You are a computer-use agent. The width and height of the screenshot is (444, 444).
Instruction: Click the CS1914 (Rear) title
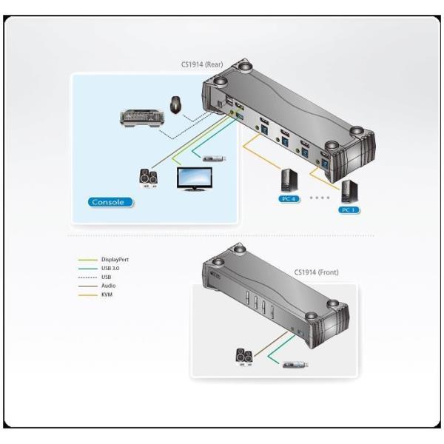pyautogui.click(x=202, y=64)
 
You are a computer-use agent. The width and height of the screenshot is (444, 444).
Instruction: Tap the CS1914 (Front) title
pyautogui.click(x=316, y=272)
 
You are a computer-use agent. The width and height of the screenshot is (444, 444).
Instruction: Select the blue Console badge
pyautogui.click(x=110, y=202)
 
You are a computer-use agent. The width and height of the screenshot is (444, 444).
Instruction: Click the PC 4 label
pyautogui.click(x=289, y=199)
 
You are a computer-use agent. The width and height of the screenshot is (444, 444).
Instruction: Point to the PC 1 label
pyautogui.click(x=349, y=210)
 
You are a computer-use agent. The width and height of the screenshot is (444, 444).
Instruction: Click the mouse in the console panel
pyautogui.click(x=176, y=105)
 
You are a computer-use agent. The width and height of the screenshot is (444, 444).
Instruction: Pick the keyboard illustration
pyautogui.click(x=141, y=118)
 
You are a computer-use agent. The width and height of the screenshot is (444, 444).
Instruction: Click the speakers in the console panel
pyautogui.click(x=149, y=178)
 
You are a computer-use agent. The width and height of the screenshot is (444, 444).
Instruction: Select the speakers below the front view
pyautogui.click(x=244, y=357)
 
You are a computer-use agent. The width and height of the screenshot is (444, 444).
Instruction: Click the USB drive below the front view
pyautogui.click(x=295, y=365)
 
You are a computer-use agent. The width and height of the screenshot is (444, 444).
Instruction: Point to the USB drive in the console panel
pyautogui.click(x=215, y=158)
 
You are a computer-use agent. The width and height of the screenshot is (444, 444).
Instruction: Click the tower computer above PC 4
pyautogui.click(x=289, y=181)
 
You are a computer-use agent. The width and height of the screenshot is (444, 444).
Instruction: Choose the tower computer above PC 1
pyautogui.click(x=349, y=192)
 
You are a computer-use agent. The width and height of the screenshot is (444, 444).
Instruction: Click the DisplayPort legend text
pyautogui.click(x=115, y=260)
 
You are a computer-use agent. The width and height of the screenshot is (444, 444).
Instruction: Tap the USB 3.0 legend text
pyautogui.click(x=110, y=269)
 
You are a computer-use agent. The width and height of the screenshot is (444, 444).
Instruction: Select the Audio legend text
pyautogui.click(x=109, y=286)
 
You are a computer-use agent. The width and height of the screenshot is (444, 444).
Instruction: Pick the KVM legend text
pyautogui.click(x=107, y=295)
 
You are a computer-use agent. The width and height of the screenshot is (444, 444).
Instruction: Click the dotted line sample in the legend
pyautogui.click(x=87, y=277)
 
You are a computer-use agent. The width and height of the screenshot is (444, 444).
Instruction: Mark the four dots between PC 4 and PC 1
pyautogui.click(x=320, y=198)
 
